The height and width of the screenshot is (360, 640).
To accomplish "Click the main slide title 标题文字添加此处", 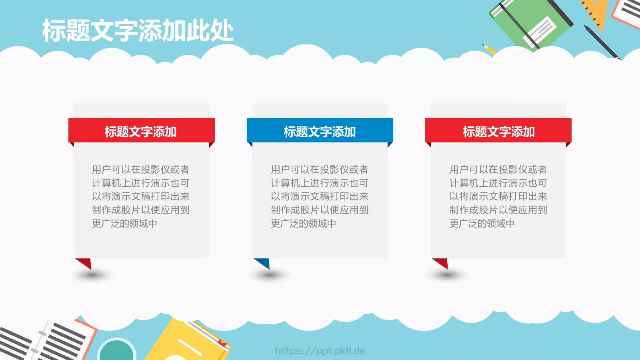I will tap(138, 31).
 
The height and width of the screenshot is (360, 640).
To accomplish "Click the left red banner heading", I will tap(141, 131).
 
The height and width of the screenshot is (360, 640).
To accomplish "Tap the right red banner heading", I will tap(498, 131).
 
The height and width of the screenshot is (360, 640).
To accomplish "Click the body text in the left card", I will tap(140, 196).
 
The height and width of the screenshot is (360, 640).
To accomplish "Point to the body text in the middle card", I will tap(319, 196).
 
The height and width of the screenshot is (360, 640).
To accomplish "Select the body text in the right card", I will tap(498, 196).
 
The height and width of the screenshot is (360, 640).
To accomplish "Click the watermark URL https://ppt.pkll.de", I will tap(320, 351).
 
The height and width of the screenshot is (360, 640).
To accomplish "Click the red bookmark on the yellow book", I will tap(222, 343).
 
